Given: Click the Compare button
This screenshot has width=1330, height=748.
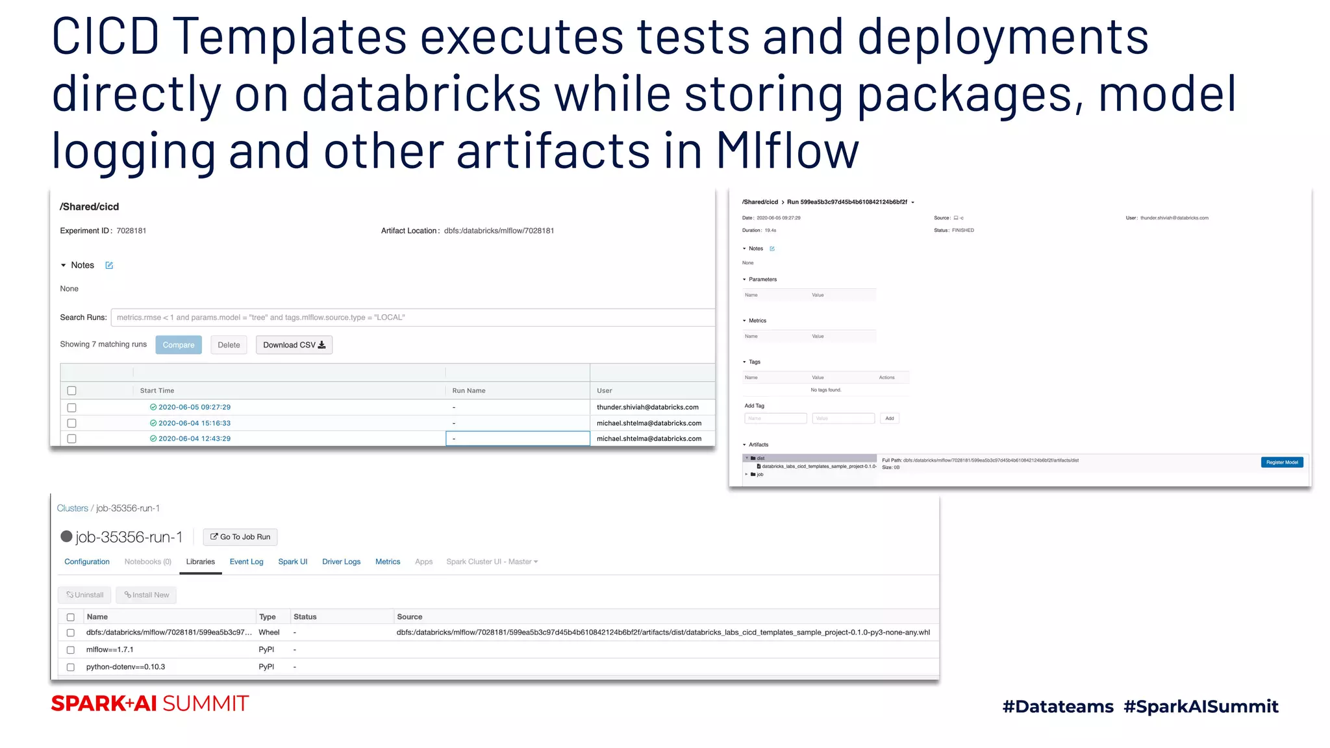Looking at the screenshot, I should point(179,345).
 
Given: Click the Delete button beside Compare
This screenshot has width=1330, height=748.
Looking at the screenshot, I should point(229,345).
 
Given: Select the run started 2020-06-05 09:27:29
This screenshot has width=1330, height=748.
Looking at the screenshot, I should point(72,408).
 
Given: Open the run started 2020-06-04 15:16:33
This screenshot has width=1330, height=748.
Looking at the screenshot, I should point(194,423).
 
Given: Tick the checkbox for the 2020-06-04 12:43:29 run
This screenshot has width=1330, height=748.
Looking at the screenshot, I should point(72,439).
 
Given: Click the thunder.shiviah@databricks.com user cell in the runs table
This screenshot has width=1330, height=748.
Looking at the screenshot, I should point(647,407).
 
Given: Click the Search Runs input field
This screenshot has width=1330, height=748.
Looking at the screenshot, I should point(413,318).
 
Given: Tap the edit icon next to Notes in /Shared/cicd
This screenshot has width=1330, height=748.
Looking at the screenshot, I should point(109,266).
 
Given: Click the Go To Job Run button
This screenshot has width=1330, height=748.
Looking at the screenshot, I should point(240,537).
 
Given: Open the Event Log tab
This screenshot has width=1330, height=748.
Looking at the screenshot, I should point(246,562).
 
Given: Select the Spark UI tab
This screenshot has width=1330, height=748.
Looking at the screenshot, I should point(292,562).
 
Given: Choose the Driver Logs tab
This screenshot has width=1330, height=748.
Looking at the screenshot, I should point(341,562).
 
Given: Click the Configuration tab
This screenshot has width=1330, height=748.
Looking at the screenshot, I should point(87,562).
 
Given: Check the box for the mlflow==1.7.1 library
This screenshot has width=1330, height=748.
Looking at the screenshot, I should point(71,650).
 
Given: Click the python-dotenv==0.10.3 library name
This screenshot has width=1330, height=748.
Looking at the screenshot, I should point(125,667).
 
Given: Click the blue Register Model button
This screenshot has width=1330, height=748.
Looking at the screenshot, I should point(1282,462).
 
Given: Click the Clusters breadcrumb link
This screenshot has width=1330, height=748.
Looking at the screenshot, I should point(72,508).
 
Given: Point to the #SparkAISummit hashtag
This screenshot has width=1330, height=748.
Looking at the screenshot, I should point(1201,706).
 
